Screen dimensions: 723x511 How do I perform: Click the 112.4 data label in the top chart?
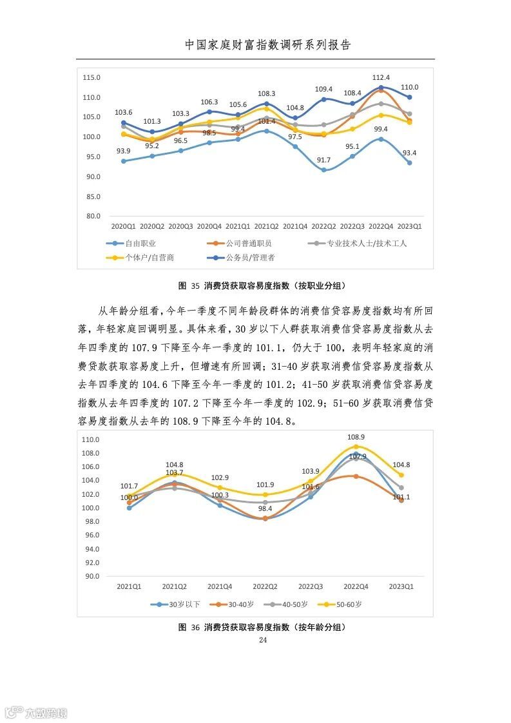pyautogui.click(x=381, y=77)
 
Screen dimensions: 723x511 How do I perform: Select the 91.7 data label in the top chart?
pyautogui.click(x=323, y=160)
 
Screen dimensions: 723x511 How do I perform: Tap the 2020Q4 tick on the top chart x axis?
pyautogui.click(x=209, y=227)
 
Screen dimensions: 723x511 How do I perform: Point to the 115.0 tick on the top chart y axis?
pyautogui.click(x=92, y=77)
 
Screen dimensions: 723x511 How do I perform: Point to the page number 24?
pyautogui.click(x=262, y=640)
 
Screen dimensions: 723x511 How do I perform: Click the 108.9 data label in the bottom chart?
pyautogui.click(x=356, y=437)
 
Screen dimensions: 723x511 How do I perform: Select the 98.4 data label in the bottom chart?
pyautogui.click(x=264, y=508)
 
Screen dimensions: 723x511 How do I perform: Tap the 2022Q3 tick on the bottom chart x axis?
pyautogui.click(x=310, y=586)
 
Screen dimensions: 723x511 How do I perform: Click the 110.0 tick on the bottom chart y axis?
pyautogui.click(x=92, y=439)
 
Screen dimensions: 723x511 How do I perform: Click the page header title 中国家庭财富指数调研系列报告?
pyautogui.click(x=268, y=45)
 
